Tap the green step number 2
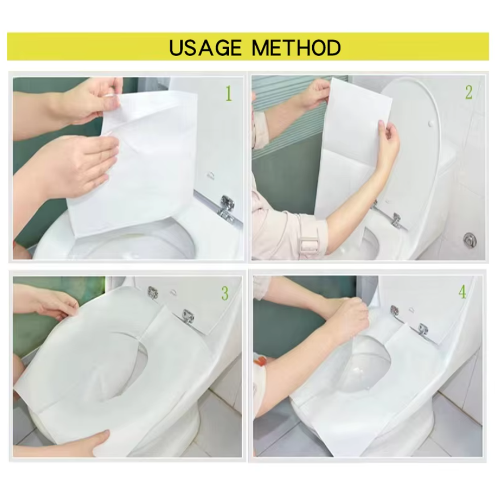[469, 92]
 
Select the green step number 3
[225, 294]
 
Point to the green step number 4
[462, 293]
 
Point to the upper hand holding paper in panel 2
[316, 94]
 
